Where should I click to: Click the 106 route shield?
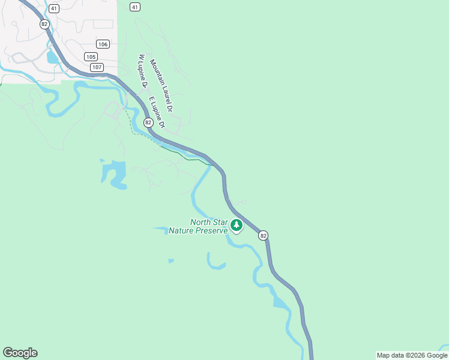pos(103,44)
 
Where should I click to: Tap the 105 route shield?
pos(91,56)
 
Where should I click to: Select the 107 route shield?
pos(97,67)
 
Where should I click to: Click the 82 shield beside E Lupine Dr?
pos(148,122)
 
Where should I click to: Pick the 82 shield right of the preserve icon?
pos(264,236)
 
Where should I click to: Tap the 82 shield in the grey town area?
pos(44,24)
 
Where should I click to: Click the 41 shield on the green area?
pos(134,7)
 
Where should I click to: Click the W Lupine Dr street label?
pos(143,71)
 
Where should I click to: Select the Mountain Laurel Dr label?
pos(161,86)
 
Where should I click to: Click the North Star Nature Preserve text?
pos(199,226)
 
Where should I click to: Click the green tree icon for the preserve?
pos(237,226)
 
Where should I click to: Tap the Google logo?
pos(20,353)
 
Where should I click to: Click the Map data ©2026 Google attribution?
pos(412,355)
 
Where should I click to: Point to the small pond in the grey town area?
pos(53,58)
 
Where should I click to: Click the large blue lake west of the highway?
pos(115,175)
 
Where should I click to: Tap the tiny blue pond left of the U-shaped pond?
pos(171,260)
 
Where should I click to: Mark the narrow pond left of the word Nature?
pos(161,229)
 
